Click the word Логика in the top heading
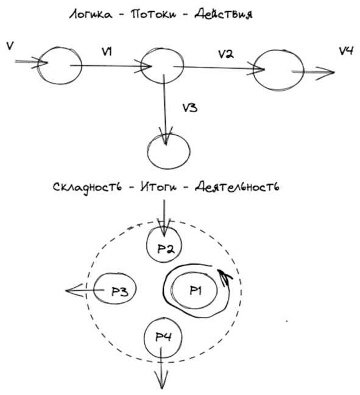pos(91,15)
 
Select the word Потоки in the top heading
pos(154,15)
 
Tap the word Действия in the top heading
pos(224,14)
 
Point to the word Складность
pos(87,188)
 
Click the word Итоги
pos(158,187)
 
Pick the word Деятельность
pos(237,187)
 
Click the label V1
pos(107,52)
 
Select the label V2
pos(225,54)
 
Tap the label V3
pos(190,108)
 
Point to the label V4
pos(346,51)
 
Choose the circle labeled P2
pos(164,244)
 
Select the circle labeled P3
pos(115,288)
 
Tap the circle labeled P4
pos(163,337)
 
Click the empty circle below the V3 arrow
pos(169,151)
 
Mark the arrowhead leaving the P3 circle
pos(74,290)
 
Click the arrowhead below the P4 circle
pos(161,381)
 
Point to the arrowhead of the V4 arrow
pos(325,73)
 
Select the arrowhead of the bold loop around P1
pos(225,277)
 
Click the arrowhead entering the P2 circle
pos(164,227)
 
